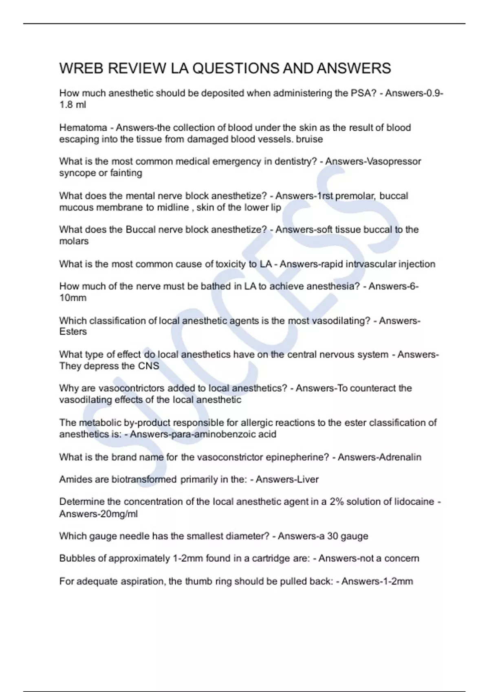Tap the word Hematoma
point(83,128)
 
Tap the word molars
point(74,241)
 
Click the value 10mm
point(73,298)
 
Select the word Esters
point(73,332)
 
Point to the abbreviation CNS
point(148,366)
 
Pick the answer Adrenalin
point(400,457)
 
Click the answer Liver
point(308,480)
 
